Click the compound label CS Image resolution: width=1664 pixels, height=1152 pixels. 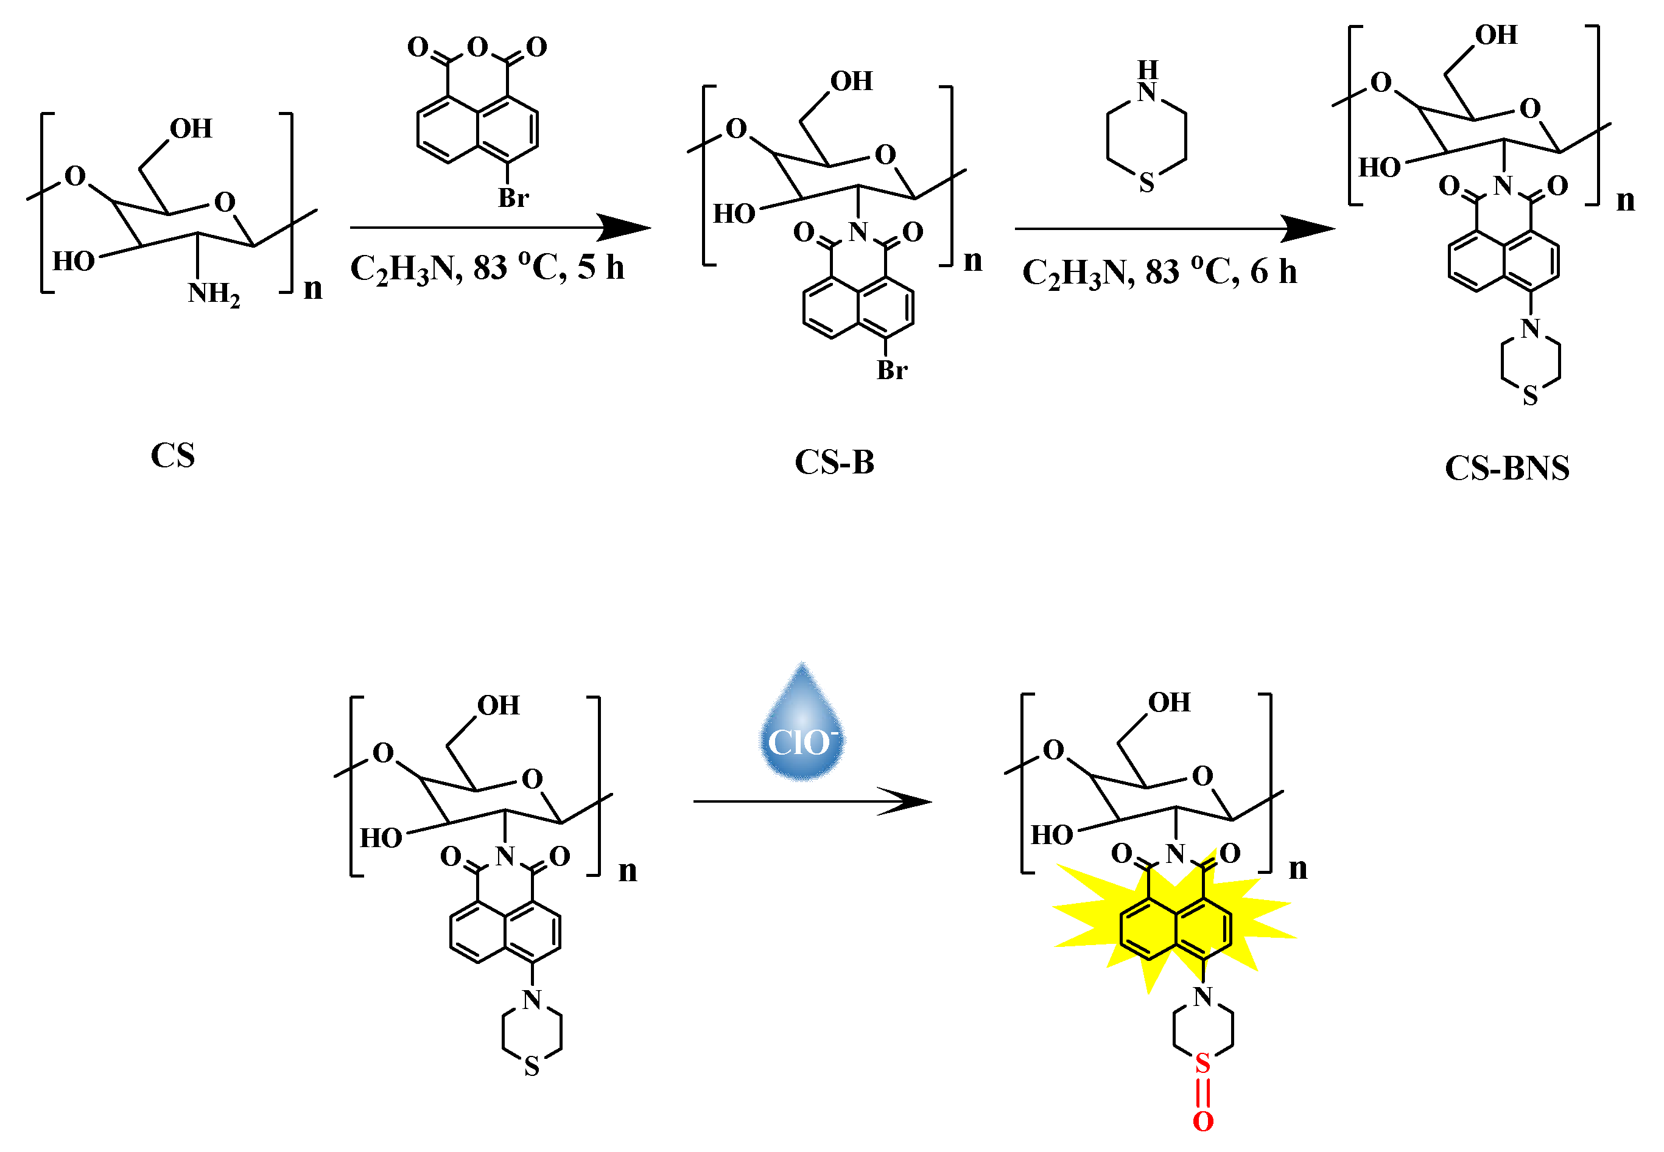[x=173, y=455]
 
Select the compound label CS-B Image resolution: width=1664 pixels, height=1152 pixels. [x=834, y=462]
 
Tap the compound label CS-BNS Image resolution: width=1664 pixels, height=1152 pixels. [x=1506, y=468]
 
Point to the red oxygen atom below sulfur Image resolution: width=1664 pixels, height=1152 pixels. [x=1202, y=1121]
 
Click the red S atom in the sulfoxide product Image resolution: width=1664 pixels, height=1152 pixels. [x=1202, y=1063]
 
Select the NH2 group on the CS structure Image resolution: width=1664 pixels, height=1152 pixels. [x=213, y=294]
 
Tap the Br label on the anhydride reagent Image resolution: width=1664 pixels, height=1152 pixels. [x=513, y=198]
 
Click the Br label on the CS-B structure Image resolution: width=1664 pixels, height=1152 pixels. [x=891, y=370]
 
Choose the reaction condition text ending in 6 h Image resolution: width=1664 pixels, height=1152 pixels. [x=1159, y=273]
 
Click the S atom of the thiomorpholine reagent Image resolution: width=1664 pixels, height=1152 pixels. [x=1146, y=183]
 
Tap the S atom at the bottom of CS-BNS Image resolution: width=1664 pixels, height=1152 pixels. [x=1529, y=396]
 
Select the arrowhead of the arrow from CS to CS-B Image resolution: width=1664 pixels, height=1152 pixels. [x=625, y=228]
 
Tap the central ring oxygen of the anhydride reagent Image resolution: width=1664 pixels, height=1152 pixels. [x=477, y=47]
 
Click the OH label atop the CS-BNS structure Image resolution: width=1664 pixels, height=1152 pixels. [x=1496, y=35]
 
